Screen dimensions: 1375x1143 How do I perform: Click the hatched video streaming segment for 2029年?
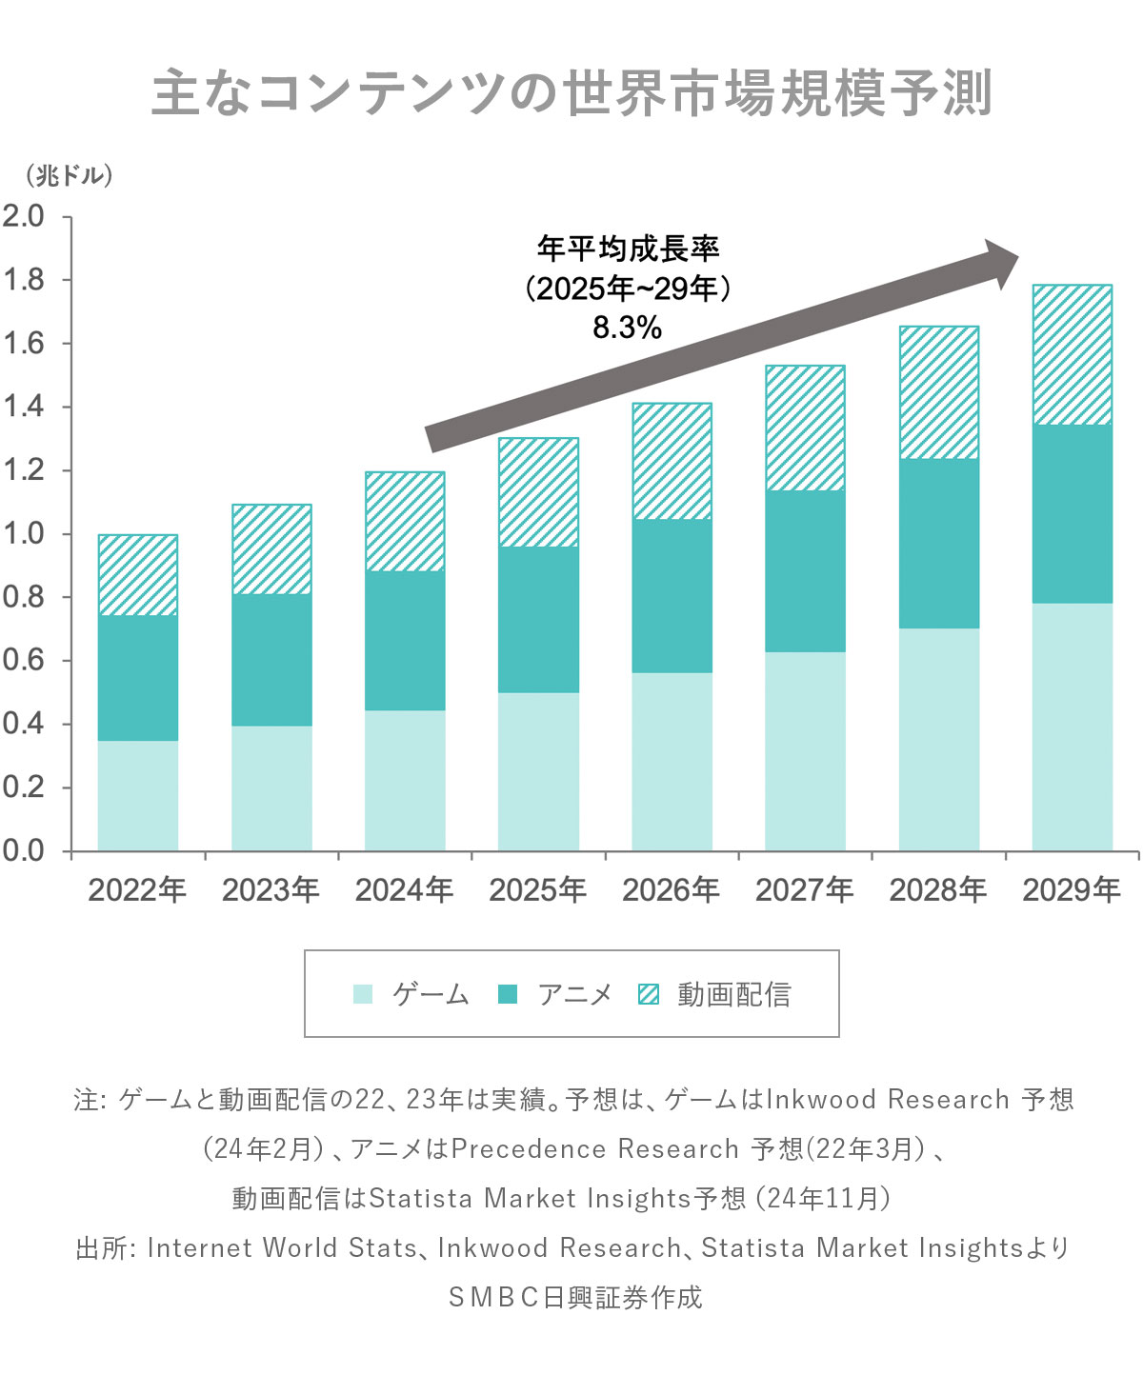tap(1072, 354)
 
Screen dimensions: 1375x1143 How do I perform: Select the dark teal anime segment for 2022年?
tap(138, 677)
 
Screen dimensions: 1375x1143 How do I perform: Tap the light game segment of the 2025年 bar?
tap(538, 770)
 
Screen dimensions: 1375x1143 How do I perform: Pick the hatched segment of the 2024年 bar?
tap(405, 521)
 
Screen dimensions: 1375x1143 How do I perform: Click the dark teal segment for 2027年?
tap(805, 570)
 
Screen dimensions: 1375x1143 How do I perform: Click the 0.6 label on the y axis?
tap(24, 660)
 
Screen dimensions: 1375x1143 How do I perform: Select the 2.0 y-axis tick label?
tap(24, 216)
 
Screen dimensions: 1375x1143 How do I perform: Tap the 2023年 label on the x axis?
tap(271, 890)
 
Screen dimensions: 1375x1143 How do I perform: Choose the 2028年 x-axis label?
tap(938, 890)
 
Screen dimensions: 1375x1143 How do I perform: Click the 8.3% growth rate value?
tap(627, 328)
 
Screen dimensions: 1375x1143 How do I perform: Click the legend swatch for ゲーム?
tap(363, 994)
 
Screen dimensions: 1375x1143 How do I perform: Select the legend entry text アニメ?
tap(574, 994)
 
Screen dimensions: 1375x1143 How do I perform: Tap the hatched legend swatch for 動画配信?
tap(649, 994)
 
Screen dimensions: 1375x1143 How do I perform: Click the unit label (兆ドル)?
tap(70, 176)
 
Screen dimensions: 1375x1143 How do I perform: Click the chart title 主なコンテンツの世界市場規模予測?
tap(571, 93)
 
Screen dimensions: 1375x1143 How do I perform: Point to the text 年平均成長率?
tap(628, 249)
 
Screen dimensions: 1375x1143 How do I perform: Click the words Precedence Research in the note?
tap(594, 1149)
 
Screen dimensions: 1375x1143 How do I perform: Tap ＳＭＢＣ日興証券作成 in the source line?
tap(574, 1297)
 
